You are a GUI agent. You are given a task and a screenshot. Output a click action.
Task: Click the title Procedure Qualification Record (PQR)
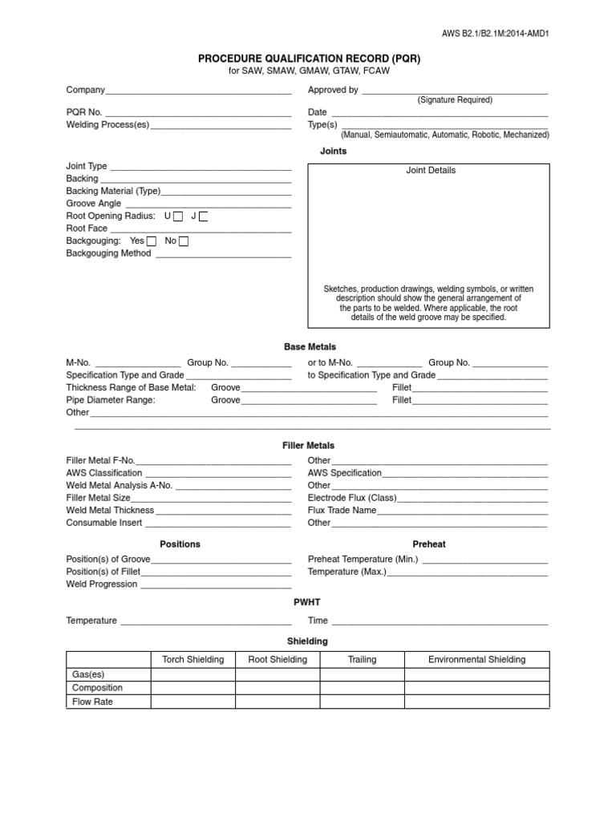(309, 59)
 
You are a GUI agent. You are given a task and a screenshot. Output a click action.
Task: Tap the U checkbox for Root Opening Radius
(178, 216)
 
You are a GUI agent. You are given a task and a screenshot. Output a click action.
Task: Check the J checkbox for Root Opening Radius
(204, 216)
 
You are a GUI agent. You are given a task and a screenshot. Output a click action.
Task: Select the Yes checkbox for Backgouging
(152, 241)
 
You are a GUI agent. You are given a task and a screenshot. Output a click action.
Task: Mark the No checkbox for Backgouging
(184, 241)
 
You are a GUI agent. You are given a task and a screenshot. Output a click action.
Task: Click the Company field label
(85, 91)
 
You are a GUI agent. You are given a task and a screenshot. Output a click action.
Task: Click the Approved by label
(333, 91)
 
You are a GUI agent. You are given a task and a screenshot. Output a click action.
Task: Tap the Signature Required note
(455, 100)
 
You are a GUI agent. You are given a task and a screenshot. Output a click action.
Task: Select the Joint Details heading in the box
(431, 171)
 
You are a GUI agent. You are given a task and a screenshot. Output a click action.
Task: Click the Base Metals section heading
(309, 346)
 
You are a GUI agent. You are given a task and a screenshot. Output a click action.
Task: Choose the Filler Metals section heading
(309, 446)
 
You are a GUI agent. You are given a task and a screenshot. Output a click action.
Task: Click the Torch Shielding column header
(193, 660)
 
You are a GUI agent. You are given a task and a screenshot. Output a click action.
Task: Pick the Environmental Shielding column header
(477, 660)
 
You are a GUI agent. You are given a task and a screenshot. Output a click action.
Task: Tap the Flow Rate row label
(92, 702)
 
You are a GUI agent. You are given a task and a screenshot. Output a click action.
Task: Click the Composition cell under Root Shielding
(278, 688)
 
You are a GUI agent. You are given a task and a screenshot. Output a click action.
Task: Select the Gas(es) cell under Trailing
(362, 674)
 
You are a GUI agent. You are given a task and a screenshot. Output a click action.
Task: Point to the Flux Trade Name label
(342, 511)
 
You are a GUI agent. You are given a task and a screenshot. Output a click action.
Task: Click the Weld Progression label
(102, 584)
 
